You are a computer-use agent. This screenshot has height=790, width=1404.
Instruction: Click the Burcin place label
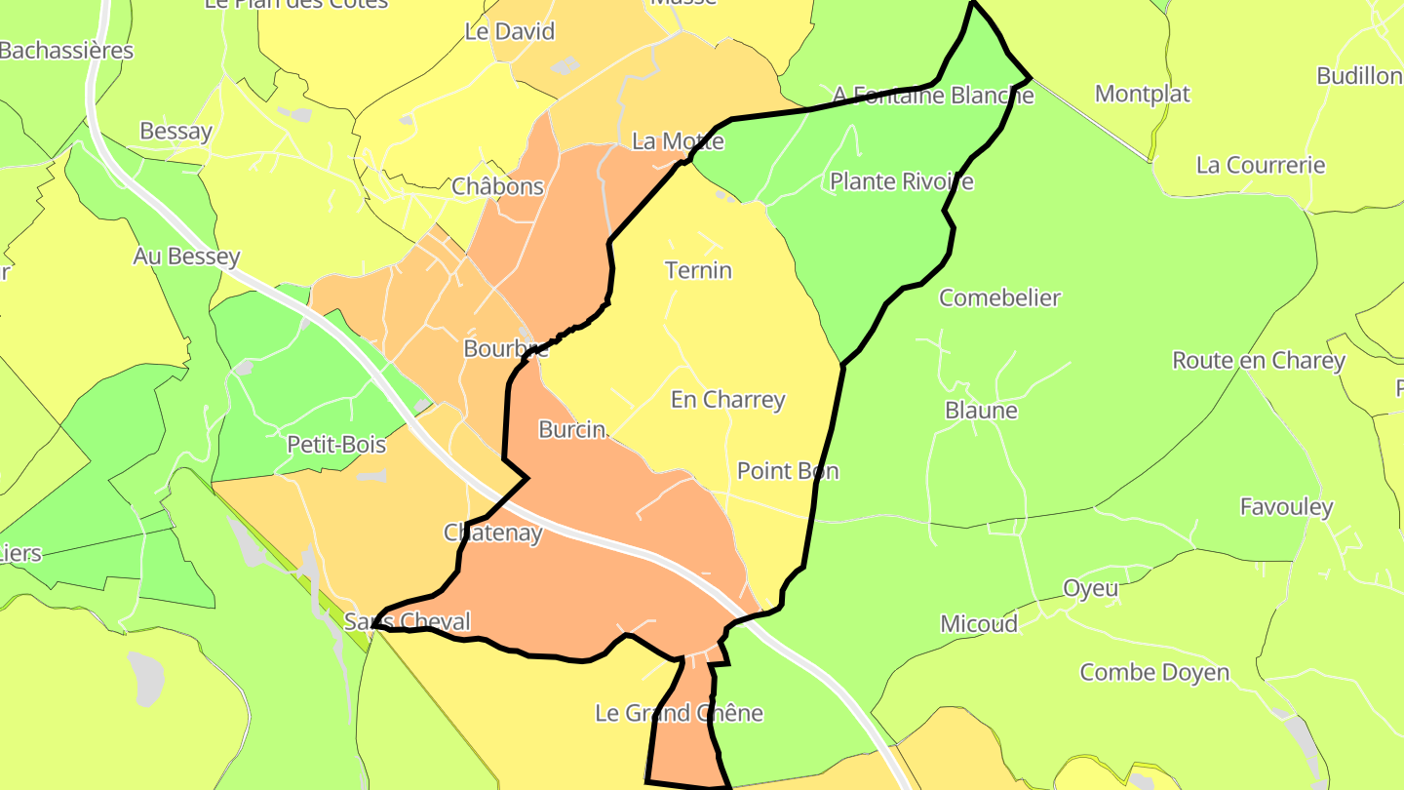click(572, 429)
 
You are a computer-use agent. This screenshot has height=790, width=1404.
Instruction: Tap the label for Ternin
click(698, 270)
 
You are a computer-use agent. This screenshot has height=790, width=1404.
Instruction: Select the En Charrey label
click(727, 400)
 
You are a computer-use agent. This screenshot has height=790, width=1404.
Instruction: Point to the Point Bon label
click(787, 471)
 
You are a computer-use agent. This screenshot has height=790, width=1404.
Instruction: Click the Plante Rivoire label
click(901, 181)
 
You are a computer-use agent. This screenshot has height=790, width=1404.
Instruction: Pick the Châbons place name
click(497, 186)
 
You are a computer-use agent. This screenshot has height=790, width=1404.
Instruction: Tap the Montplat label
click(1143, 94)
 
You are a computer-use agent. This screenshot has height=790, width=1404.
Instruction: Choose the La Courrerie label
click(1261, 165)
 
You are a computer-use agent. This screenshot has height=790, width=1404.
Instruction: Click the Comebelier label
click(999, 297)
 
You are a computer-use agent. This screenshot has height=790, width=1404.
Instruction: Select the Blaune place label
click(981, 411)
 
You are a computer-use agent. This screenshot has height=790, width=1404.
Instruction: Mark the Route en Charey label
click(1258, 361)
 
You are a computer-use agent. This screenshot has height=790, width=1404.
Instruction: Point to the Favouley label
click(1286, 507)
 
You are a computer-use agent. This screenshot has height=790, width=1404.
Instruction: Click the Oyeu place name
click(1090, 589)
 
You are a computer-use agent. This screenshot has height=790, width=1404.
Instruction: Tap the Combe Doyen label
click(1154, 672)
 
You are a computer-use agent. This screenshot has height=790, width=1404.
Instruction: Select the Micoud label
click(978, 624)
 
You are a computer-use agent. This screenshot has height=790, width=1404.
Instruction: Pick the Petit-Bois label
click(336, 445)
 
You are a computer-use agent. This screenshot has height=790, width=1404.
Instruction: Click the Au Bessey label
click(186, 257)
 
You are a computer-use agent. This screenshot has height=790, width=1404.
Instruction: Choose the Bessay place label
click(175, 131)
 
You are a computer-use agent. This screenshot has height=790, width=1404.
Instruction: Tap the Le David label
click(509, 31)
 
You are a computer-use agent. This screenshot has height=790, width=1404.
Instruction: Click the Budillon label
click(1359, 76)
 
